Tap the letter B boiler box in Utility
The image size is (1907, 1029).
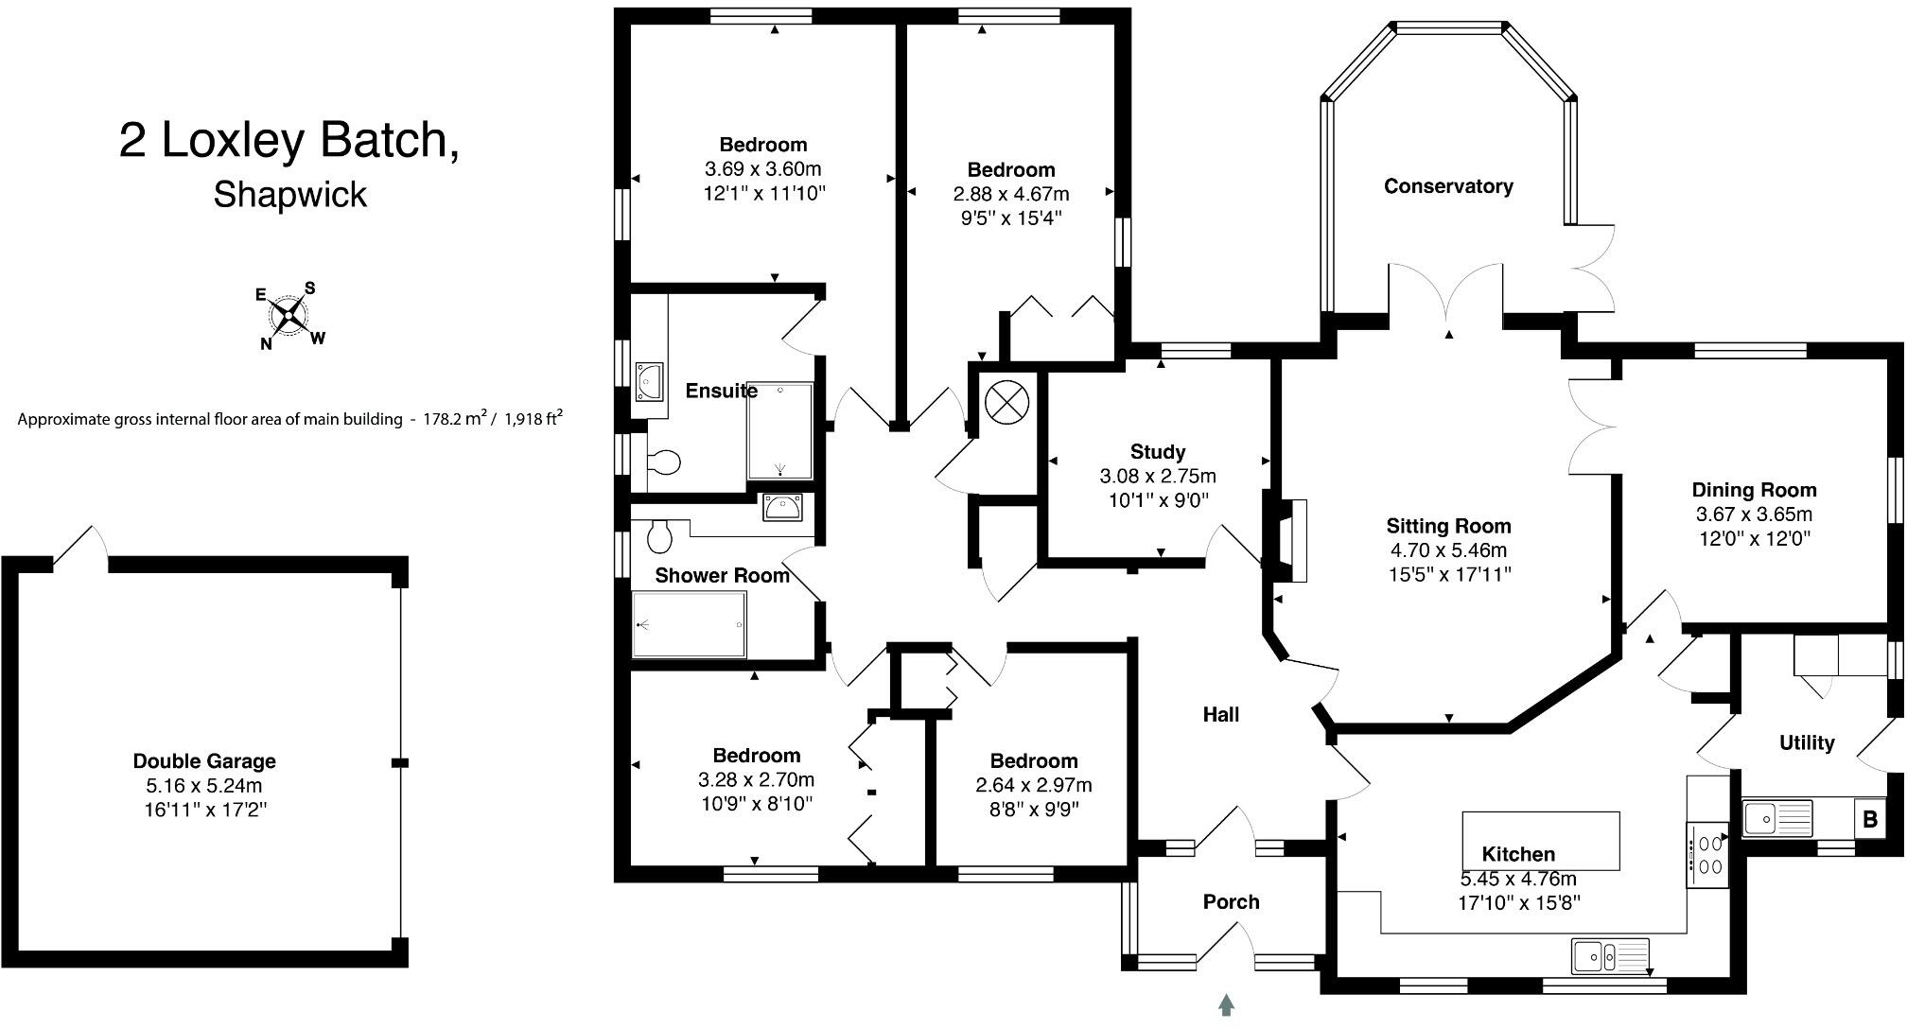pos(1869,818)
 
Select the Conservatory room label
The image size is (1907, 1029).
pos(1448,186)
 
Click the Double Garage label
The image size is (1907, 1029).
pos(204,761)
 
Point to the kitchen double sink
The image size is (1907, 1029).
pos(1610,955)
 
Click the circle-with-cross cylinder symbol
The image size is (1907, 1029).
pos(1006,403)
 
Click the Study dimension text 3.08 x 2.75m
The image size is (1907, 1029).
pos(1158,477)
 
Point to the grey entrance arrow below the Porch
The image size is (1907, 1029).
pos(1226,1004)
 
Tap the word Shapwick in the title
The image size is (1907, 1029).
pos(290,195)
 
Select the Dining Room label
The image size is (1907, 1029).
pos(1754,490)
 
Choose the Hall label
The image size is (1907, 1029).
pos(1221,715)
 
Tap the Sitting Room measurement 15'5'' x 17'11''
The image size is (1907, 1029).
pos(1448,574)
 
